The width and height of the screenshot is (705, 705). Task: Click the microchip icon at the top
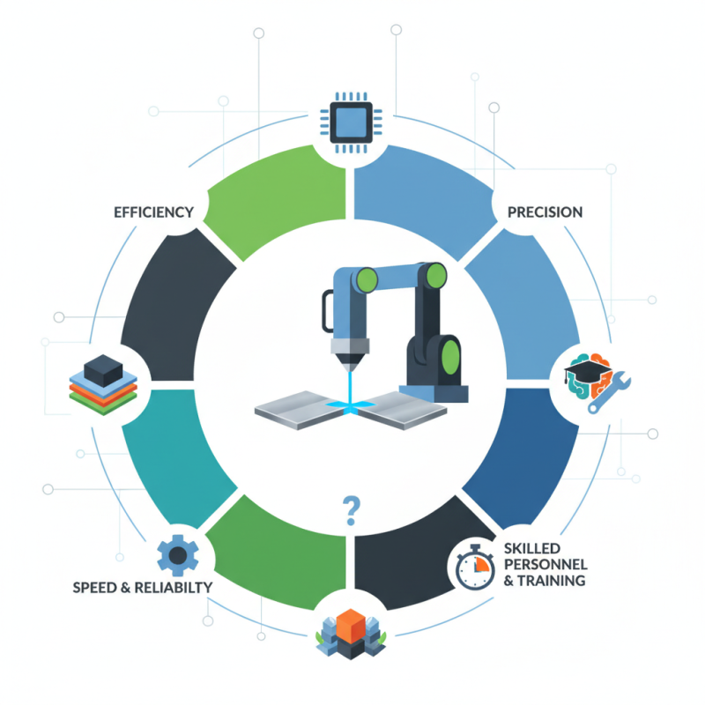click(351, 122)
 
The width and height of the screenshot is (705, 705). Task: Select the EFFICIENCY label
click(153, 212)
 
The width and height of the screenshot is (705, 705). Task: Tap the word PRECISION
click(545, 212)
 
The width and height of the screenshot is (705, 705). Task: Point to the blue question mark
click(351, 511)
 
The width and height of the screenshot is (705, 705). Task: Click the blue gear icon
click(178, 555)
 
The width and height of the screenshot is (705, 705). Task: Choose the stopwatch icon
click(475, 567)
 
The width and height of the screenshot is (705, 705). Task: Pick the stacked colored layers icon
click(103, 385)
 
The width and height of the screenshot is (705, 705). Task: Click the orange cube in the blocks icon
click(351, 627)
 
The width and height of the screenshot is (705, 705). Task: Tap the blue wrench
click(610, 392)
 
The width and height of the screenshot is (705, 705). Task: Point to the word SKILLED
click(532, 548)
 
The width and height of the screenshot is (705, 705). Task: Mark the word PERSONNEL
click(545, 565)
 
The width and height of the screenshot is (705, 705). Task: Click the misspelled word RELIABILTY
click(174, 588)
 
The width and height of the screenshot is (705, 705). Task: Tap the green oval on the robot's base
click(450, 358)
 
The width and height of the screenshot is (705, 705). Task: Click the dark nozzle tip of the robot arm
click(351, 362)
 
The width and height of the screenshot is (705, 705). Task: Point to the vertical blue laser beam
click(351, 388)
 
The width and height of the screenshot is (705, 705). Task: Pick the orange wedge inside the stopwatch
click(481, 564)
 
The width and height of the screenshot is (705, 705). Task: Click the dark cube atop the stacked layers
click(103, 370)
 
